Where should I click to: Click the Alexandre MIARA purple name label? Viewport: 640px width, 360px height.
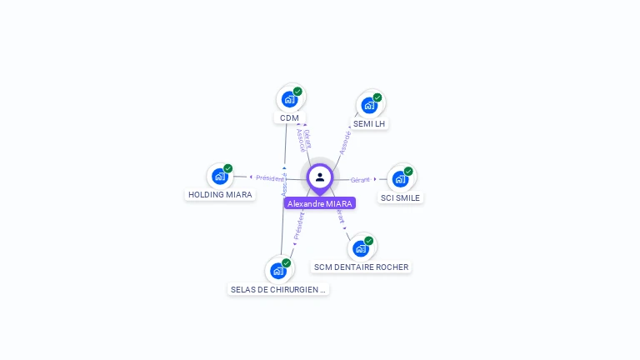click(x=320, y=203)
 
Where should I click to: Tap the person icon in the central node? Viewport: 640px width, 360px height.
click(x=320, y=177)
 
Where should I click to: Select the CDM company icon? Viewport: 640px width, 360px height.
click(x=289, y=99)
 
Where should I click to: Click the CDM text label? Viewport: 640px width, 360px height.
click(x=289, y=118)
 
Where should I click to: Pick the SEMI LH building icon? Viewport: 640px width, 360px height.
click(x=369, y=105)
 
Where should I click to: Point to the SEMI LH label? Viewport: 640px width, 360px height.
click(x=369, y=124)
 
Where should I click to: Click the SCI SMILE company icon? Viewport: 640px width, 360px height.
click(x=400, y=179)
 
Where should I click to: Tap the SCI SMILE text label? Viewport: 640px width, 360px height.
click(x=401, y=198)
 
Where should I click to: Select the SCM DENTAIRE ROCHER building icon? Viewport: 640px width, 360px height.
click(x=360, y=248)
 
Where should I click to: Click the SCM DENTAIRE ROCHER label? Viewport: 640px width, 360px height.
click(x=362, y=267)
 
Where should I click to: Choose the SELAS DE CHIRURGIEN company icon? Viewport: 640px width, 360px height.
click(x=277, y=270)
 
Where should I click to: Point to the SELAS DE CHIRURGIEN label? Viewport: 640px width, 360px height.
click(x=278, y=290)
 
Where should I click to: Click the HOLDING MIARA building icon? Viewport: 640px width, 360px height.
click(x=220, y=176)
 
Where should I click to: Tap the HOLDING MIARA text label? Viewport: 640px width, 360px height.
click(x=220, y=195)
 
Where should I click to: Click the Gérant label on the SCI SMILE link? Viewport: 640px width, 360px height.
click(x=360, y=180)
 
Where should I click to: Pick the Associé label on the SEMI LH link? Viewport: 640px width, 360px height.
click(x=344, y=142)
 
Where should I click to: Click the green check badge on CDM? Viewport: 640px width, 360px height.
click(x=297, y=92)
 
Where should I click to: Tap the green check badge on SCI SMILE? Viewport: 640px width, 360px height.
click(x=408, y=171)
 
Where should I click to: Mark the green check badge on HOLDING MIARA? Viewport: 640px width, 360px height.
click(x=228, y=168)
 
